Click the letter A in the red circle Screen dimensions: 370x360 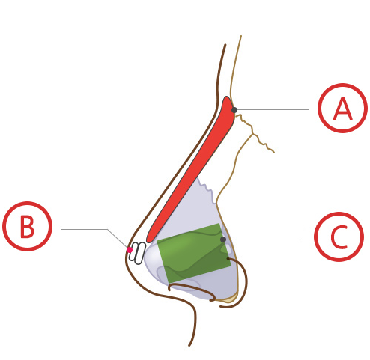click(343, 109)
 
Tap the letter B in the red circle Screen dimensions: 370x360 click(27, 227)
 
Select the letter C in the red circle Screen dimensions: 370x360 click(339, 237)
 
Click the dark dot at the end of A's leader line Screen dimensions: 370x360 click(234, 110)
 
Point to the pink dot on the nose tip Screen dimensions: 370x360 click(130, 250)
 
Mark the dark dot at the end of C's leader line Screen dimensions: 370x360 click(223, 240)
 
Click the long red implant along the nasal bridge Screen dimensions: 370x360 click(191, 170)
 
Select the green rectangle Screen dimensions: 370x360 click(194, 253)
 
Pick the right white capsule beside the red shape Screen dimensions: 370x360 click(139, 253)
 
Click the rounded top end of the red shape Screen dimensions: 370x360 click(227, 97)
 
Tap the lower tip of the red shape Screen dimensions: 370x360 click(148, 241)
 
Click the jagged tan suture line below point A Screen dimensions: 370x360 click(254, 133)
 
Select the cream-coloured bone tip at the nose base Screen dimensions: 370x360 click(228, 299)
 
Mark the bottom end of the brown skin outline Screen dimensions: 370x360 click(189, 346)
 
